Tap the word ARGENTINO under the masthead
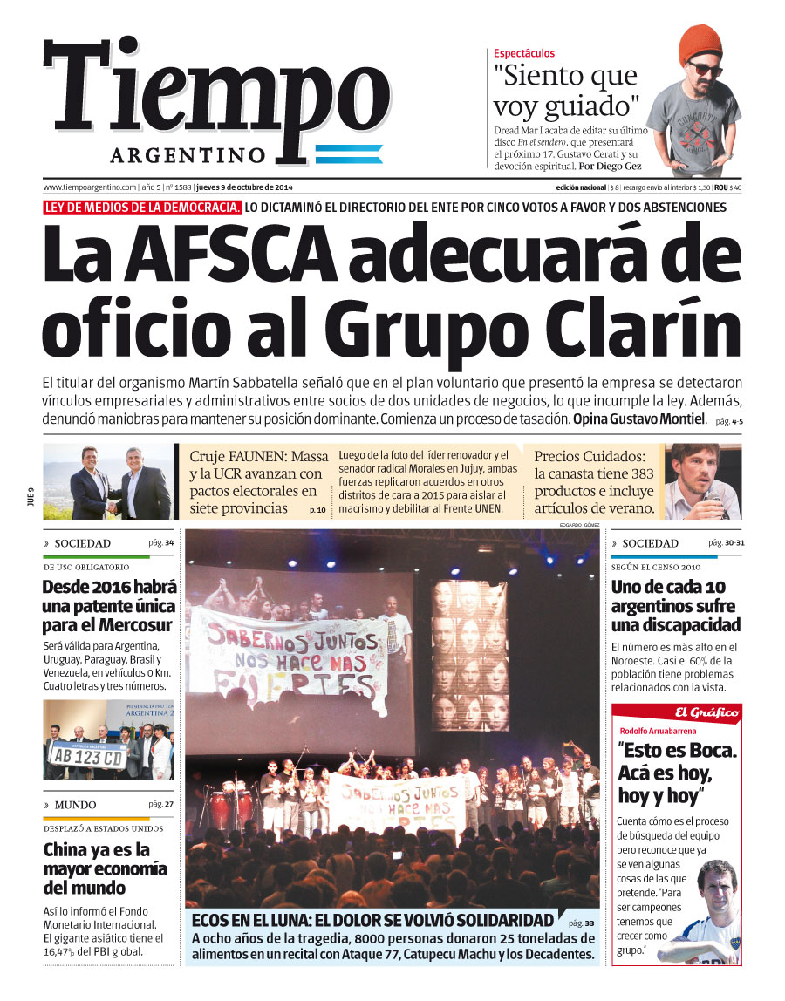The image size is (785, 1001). click(188, 155)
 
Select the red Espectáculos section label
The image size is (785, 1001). click(523, 53)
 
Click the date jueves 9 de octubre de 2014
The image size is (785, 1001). click(244, 187)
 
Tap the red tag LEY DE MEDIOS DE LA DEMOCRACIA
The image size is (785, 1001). click(142, 208)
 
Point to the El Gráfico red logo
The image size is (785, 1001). click(705, 712)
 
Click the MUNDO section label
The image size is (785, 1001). click(75, 805)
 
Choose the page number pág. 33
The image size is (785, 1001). click(581, 923)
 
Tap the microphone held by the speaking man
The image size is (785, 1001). click(711, 500)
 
